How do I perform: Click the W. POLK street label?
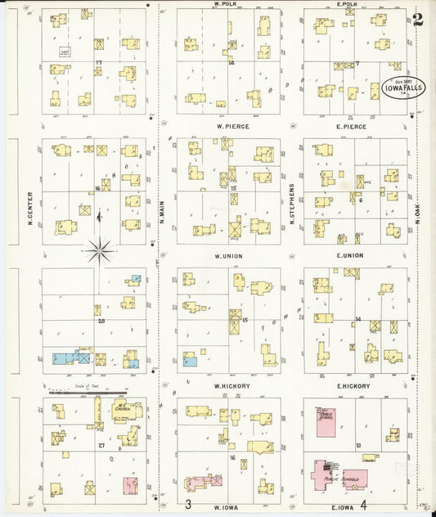point(224,4)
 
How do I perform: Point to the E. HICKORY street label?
point(353,386)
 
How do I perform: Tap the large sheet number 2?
point(418,20)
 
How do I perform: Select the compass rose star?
point(99,250)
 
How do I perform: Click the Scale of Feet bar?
point(88,392)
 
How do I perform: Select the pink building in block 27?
point(129,486)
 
